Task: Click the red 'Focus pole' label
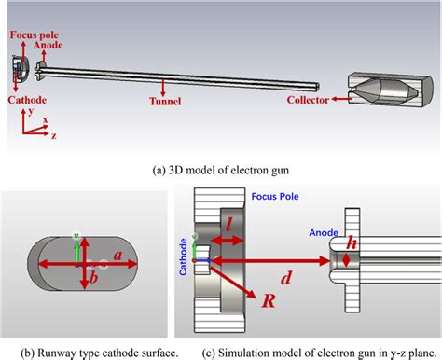coord(35,35)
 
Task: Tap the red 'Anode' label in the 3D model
coord(48,45)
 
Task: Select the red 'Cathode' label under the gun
coord(27,100)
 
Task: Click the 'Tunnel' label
coord(165,101)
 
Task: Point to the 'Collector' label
coord(308,100)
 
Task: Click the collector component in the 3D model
coord(390,90)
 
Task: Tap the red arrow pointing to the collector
coord(341,99)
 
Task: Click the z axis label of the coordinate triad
coord(54,135)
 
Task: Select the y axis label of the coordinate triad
coord(31,111)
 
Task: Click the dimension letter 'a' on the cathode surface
coord(117,256)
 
